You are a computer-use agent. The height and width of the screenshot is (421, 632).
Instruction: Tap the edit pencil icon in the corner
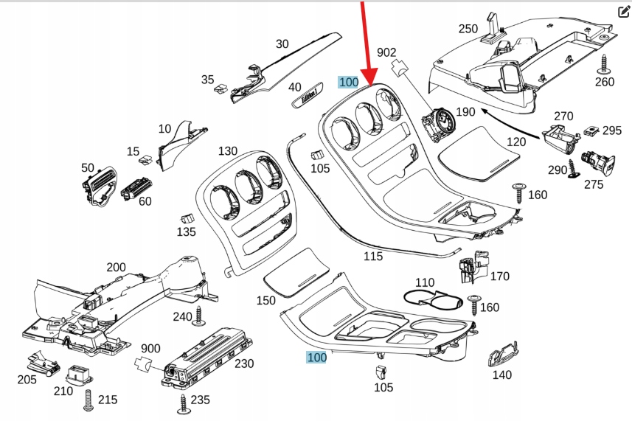tap(622, 11)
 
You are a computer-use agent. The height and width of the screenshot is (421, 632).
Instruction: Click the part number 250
tap(468, 29)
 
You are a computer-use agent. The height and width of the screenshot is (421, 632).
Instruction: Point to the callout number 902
tap(387, 52)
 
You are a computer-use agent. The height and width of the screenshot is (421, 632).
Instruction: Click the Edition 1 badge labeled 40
tap(305, 96)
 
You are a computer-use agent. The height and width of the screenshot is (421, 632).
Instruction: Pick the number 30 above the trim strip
tap(282, 44)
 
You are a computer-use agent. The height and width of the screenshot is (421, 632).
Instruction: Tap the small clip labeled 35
tap(220, 90)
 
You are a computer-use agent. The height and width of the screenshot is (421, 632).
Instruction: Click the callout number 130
tap(228, 151)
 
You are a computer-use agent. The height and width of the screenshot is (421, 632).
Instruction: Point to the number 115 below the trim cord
tap(373, 256)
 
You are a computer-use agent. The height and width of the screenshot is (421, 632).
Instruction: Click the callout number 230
tap(243, 363)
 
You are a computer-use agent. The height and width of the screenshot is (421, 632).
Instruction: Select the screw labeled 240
tap(198, 315)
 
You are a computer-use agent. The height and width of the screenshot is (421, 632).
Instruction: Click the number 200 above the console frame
tap(116, 267)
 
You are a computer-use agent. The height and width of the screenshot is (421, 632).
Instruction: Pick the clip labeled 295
tap(592, 131)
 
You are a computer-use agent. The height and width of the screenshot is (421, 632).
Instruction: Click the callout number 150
tap(266, 301)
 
